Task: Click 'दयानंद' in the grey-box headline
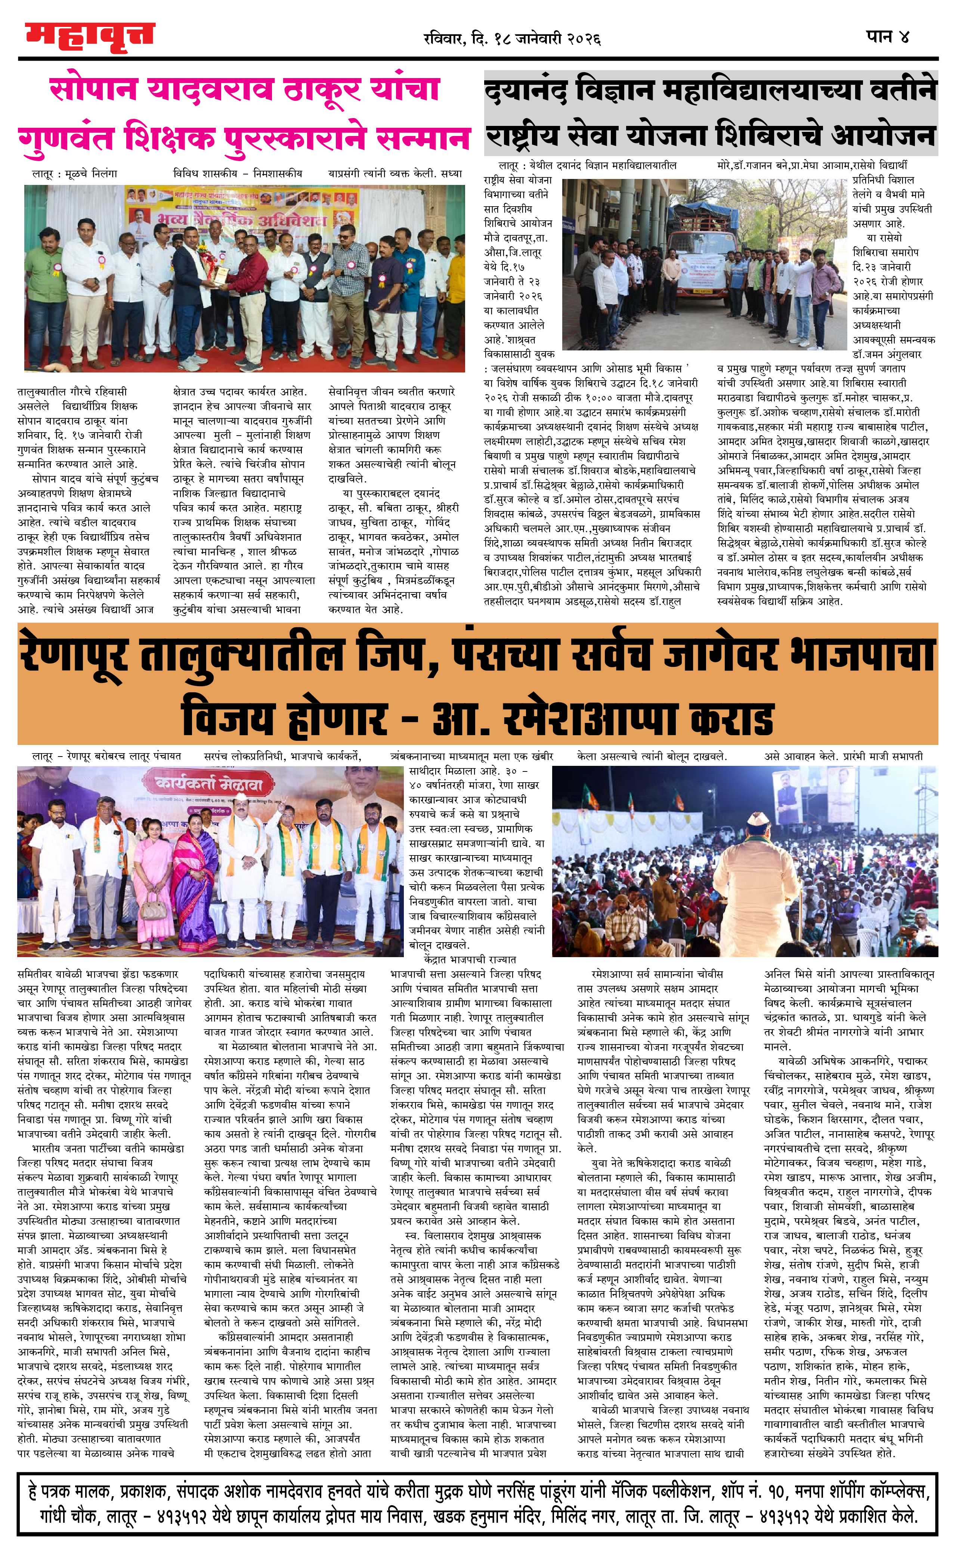(525, 92)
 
